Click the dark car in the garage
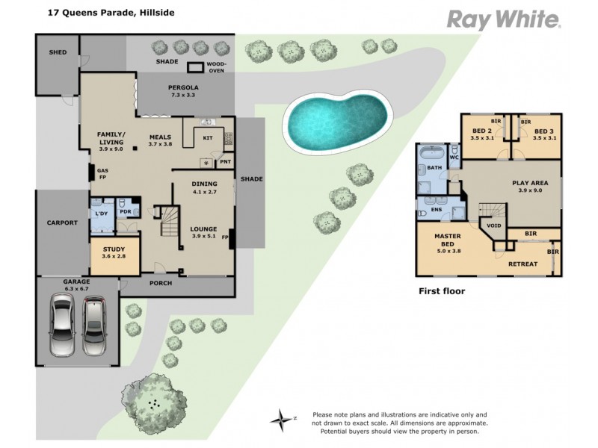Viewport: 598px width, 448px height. pos(95,326)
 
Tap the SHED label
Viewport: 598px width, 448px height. pos(58,53)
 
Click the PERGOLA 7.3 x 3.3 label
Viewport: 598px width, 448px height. pos(182,91)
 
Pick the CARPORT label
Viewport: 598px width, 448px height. pos(62,223)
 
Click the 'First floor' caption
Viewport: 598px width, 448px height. pos(441,291)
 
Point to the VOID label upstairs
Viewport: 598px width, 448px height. pos(494,225)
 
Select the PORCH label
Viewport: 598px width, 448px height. pos(161,283)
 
